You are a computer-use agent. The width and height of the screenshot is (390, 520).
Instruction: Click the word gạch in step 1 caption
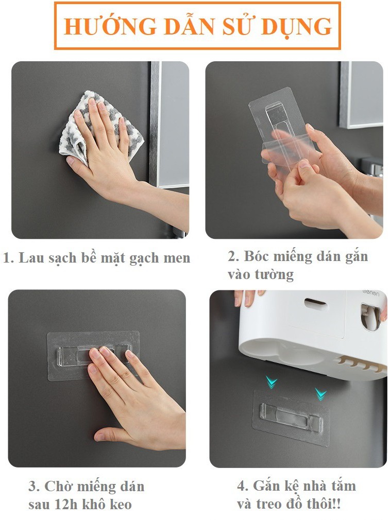(144, 258)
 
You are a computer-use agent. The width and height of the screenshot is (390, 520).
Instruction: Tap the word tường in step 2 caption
(274, 275)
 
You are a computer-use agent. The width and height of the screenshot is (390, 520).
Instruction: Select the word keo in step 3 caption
(121, 505)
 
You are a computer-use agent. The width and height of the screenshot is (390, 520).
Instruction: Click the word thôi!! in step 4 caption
(323, 504)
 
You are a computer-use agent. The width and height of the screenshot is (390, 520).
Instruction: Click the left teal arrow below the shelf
(271, 382)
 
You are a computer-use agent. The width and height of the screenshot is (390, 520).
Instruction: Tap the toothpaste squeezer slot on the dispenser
(370, 317)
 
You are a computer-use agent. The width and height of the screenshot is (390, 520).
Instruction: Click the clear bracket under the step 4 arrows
(291, 418)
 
